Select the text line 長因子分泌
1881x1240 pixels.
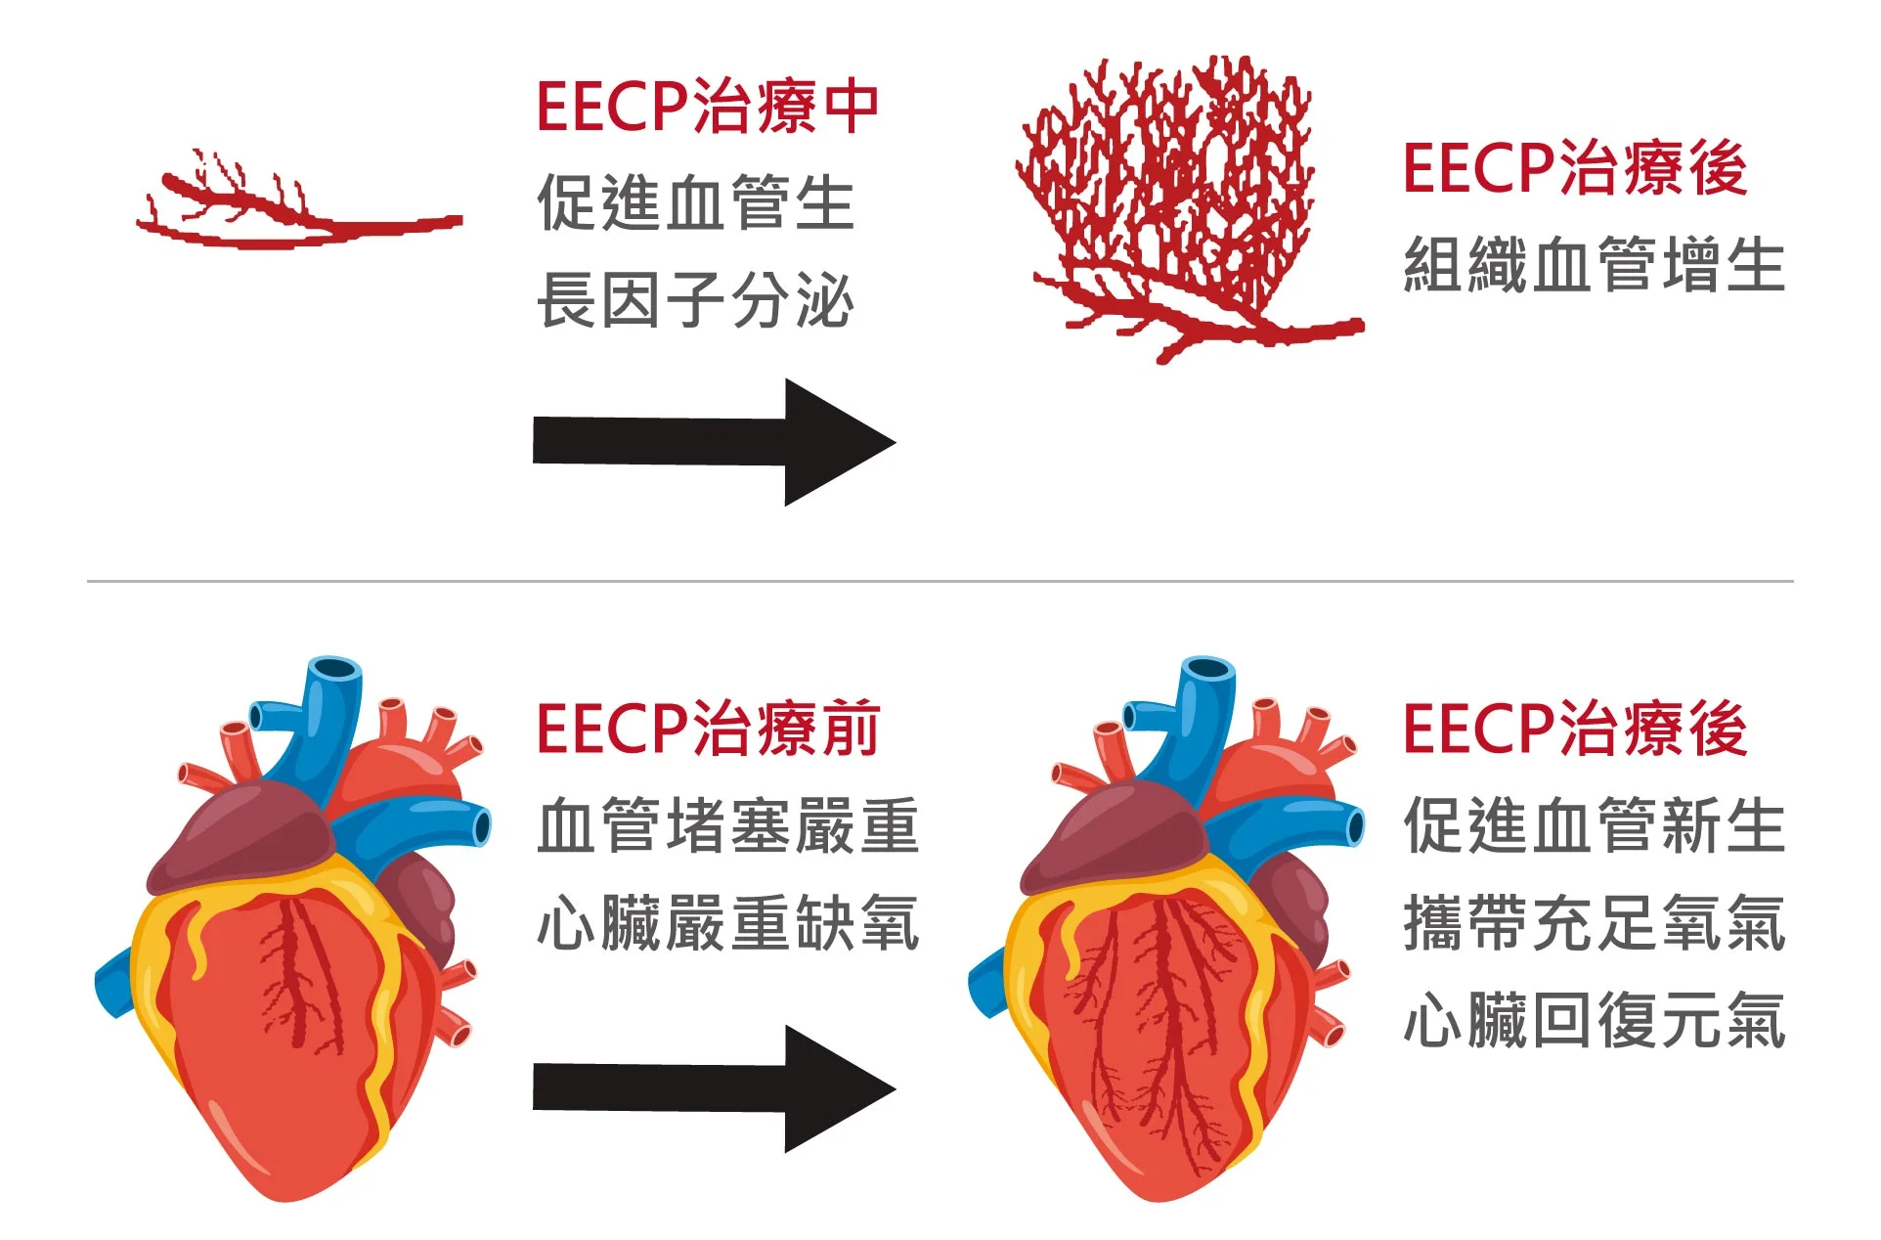pos(696,299)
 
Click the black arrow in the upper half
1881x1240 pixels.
pos(714,442)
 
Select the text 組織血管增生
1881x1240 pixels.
pos(1595,265)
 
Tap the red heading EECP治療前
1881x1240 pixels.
pos(708,729)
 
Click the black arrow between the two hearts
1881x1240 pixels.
pos(714,1088)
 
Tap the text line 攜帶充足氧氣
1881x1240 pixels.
pos(1595,923)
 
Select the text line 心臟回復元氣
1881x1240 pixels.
pos(1595,1020)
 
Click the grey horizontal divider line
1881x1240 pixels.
pos(940,581)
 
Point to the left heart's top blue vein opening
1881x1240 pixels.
pos(335,670)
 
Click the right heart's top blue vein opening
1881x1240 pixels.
pos(1208,670)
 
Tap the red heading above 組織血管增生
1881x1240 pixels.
pos(1575,168)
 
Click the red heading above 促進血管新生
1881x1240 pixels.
pos(1575,729)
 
